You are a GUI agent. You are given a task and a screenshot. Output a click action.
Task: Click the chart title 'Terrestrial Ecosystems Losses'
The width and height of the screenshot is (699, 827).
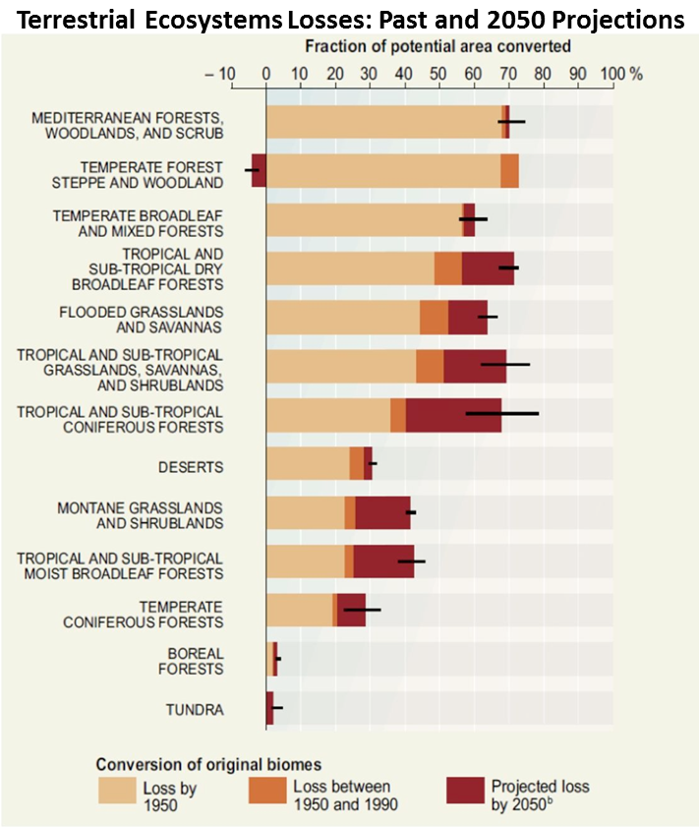[x=349, y=20]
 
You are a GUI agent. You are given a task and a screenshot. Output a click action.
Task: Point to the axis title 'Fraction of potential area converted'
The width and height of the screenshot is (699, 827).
[x=437, y=47]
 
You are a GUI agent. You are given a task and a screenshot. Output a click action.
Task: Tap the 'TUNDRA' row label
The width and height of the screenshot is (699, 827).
[x=194, y=709]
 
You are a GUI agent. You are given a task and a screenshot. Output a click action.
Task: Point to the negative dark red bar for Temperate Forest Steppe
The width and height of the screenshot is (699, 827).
[x=259, y=170]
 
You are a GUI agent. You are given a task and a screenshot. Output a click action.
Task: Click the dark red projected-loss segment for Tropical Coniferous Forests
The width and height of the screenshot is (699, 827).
[x=453, y=415]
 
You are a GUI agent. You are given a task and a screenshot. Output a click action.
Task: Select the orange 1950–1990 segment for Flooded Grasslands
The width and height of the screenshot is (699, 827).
[x=434, y=318]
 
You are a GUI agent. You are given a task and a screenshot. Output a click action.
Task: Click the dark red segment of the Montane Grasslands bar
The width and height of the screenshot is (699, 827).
[x=382, y=512]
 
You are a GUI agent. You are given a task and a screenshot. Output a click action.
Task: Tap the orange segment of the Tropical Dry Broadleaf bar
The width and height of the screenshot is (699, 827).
[x=447, y=268]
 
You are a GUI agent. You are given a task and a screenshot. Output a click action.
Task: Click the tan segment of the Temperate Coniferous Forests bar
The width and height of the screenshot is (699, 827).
[x=299, y=610]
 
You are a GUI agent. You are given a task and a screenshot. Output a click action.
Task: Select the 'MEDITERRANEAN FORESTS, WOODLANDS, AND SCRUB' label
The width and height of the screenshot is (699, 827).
[x=128, y=125]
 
